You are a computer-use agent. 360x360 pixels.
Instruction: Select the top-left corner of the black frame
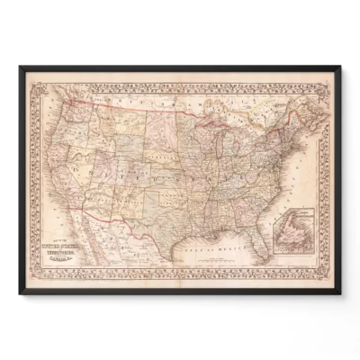point(21,67)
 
